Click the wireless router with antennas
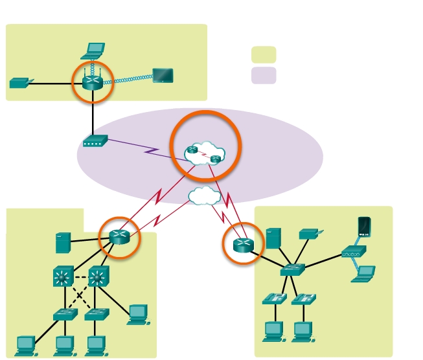pyautogui.click(x=93, y=82)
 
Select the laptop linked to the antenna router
pyautogui.click(x=96, y=50)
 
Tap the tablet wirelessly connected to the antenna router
pyautogui.click(x=163, y=75)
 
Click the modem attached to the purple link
pyautogui.click(x=95, y=141)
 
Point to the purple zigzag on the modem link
pyautogui.click(x=152, y=151)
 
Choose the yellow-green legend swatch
pyautogui.click(x=264, y=54)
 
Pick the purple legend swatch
pyautogui.click(x=264, y=75)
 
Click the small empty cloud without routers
pyautogui.click(x=204, y=195)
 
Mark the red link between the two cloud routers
pyautogui.click(x=204, y=154)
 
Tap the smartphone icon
pyautogui.click(x=364, y=227)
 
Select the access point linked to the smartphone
pyautogui.click(x=354, y=252)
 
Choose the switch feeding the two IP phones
pyautogui.click(x=292, y=270)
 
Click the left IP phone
pyautogui.click(x=274, y=298)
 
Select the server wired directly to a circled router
pyautogui.click(x=63, y=243)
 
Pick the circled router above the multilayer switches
pyautogui.click(x=120, y=237)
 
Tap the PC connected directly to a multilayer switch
pyautogui.click(x=138, y=314)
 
